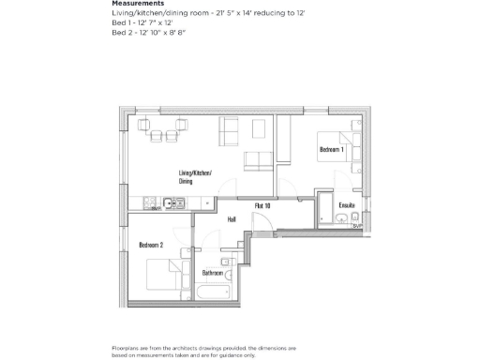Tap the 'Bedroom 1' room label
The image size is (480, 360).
332,150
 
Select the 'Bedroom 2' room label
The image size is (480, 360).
151,245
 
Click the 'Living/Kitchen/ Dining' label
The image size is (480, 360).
195,177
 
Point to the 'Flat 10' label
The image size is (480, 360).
262,204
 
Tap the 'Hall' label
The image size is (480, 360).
232,219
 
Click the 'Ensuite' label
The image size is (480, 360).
346,204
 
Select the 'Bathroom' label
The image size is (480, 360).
212,273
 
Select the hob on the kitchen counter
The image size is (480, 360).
148,203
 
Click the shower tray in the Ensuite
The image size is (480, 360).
323,207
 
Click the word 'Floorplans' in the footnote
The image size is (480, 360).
126,347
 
